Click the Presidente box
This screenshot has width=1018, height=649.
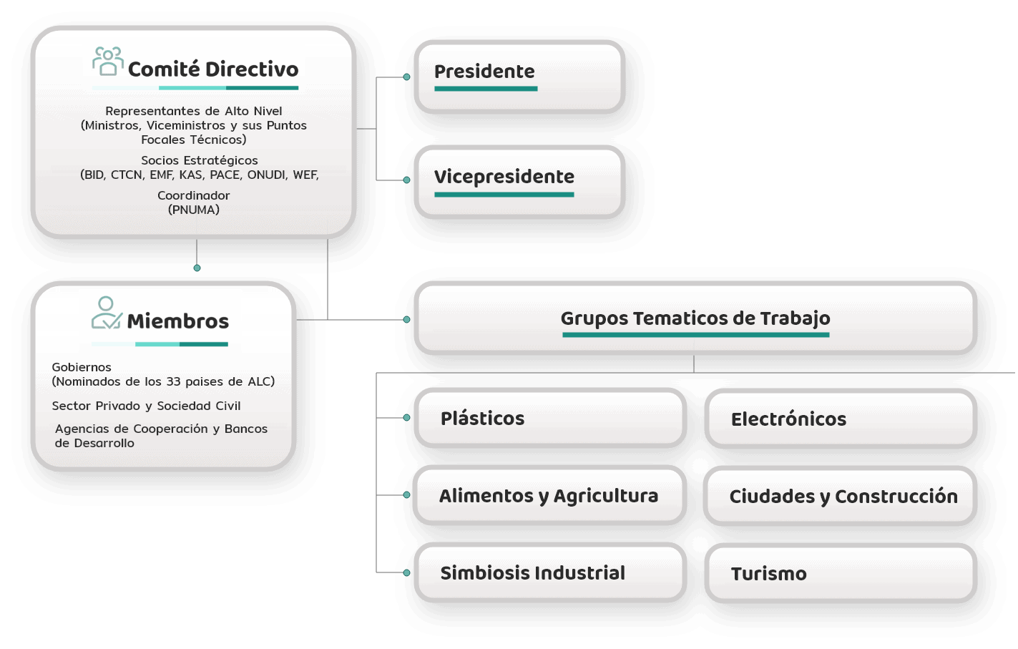[519, 77]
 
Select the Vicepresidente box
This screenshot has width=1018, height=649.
[519, 182]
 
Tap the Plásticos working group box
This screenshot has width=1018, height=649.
[550, 418]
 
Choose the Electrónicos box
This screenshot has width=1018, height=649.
[841, 419]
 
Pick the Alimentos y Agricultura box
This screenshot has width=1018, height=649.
[549, 495]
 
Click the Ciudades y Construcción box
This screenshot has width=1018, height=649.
[841, 496]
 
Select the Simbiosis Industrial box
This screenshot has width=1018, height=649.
[550, 572]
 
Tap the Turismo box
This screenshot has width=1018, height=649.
[841, 574]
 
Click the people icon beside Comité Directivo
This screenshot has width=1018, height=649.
[108, 62]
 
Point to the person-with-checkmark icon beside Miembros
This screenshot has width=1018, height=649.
[107, 313]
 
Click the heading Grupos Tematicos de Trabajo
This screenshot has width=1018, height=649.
[695, 318]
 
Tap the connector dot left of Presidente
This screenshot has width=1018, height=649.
[407, 77]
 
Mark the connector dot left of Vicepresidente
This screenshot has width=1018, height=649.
[407, 180]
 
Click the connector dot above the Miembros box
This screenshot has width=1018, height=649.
[197, 268]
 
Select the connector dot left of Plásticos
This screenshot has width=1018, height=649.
[407, 418]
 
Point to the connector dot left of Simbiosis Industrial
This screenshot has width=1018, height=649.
[407, 572]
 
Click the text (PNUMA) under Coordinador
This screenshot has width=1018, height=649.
[194, 210]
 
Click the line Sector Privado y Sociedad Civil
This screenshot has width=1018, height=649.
[146, 406]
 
